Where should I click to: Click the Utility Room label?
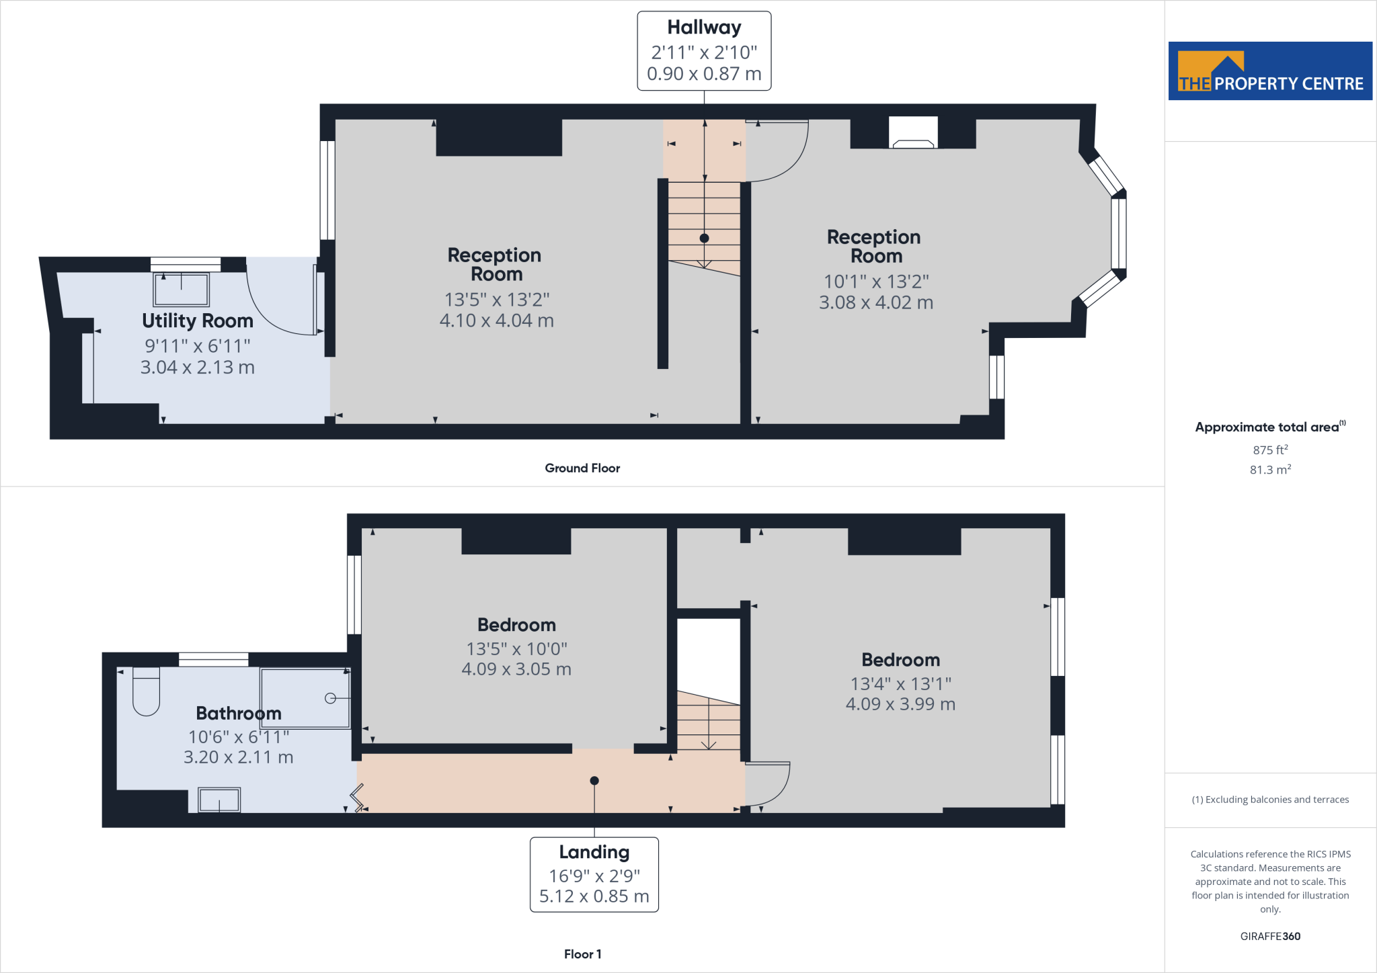click(197, 321)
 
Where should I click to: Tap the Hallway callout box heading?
click(704, 28)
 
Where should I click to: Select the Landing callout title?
click(594, 852)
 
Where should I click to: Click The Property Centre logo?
click(1270, 71)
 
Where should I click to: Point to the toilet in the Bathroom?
click(146, 692)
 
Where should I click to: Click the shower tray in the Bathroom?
click(305, 698)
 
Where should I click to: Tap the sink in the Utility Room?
click(182, 289)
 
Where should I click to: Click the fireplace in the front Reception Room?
click(913, 133)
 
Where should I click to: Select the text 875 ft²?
click(1270, 450)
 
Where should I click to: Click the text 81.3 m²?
click(1270, 470)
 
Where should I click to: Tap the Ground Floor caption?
click(582, 468)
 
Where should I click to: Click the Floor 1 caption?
click(582, 954)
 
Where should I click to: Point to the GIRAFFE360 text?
click(1270, 936)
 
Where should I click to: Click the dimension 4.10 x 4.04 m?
click(496, 321)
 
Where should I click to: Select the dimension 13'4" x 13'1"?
click(900, 683)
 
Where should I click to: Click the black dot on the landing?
click(594, 781)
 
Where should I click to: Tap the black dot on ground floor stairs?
click(704, 238)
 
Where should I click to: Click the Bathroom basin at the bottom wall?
click(219, 800)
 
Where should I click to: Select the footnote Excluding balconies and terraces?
click(1270, 800)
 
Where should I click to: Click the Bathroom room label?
click(239, 713)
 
